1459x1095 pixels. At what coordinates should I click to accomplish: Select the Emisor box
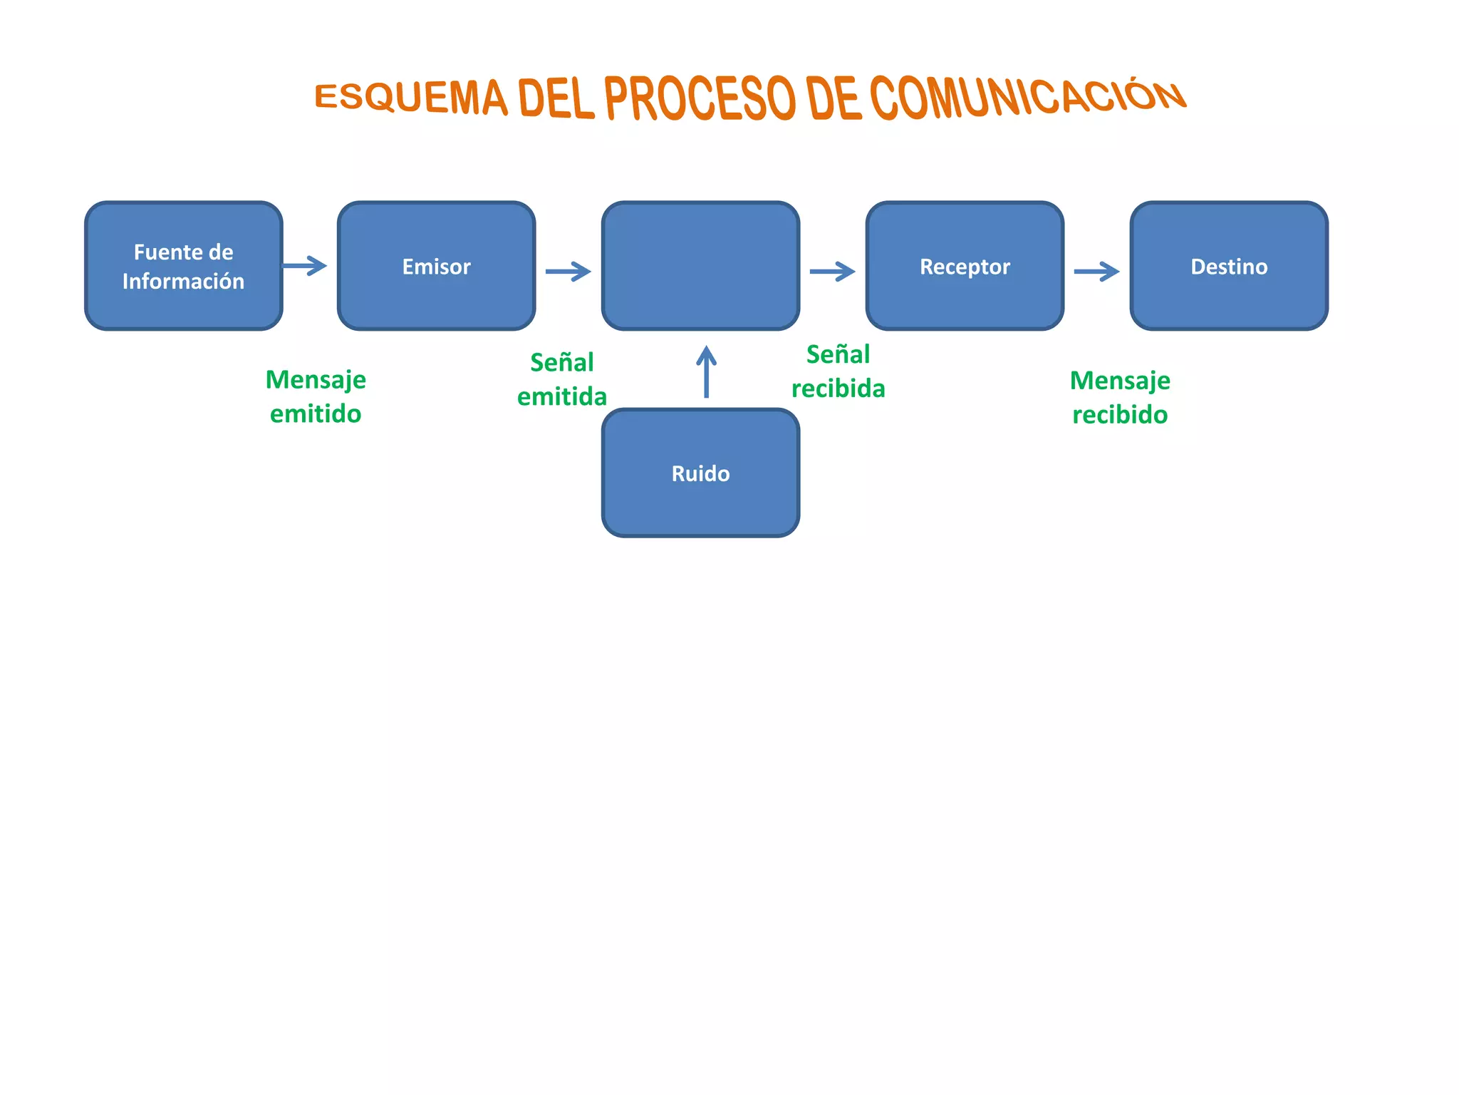point(436,266)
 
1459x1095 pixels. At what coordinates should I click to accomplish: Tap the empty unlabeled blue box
point(700,266)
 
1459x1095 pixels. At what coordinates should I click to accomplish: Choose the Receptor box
point(965,266)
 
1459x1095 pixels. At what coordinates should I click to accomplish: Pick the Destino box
point(1229,266)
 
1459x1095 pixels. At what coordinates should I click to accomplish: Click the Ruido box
point(700,473)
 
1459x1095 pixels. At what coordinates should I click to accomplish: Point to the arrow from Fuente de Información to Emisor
point(305,266)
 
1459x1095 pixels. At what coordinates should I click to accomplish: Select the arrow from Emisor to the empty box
point(568,271)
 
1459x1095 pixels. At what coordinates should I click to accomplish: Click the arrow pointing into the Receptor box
point(832,271)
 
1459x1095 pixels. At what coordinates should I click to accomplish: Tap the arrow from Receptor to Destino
point(1096,271)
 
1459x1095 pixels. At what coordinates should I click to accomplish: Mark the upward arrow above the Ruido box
point(706,371)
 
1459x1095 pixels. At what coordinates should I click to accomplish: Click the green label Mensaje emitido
point(316,396)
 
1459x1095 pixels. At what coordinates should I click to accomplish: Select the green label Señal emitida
point(562,379)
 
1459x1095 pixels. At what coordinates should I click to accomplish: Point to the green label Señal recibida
point(838,371)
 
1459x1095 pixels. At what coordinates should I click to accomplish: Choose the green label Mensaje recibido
point(1120,397)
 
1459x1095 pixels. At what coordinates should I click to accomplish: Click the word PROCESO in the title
point(700,98)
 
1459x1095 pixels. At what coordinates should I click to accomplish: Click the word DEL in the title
point(556,98)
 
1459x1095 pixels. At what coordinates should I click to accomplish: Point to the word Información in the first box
point(183,282)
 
